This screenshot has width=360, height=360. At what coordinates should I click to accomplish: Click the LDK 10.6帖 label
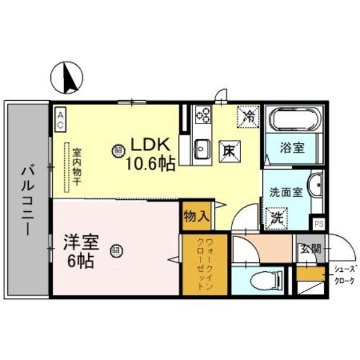(151, 154)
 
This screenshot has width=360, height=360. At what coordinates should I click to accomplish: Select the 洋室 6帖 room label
(81, 251)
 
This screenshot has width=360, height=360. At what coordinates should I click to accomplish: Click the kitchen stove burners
(203, 114)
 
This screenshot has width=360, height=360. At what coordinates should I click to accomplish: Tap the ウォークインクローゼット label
(205, 263)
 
